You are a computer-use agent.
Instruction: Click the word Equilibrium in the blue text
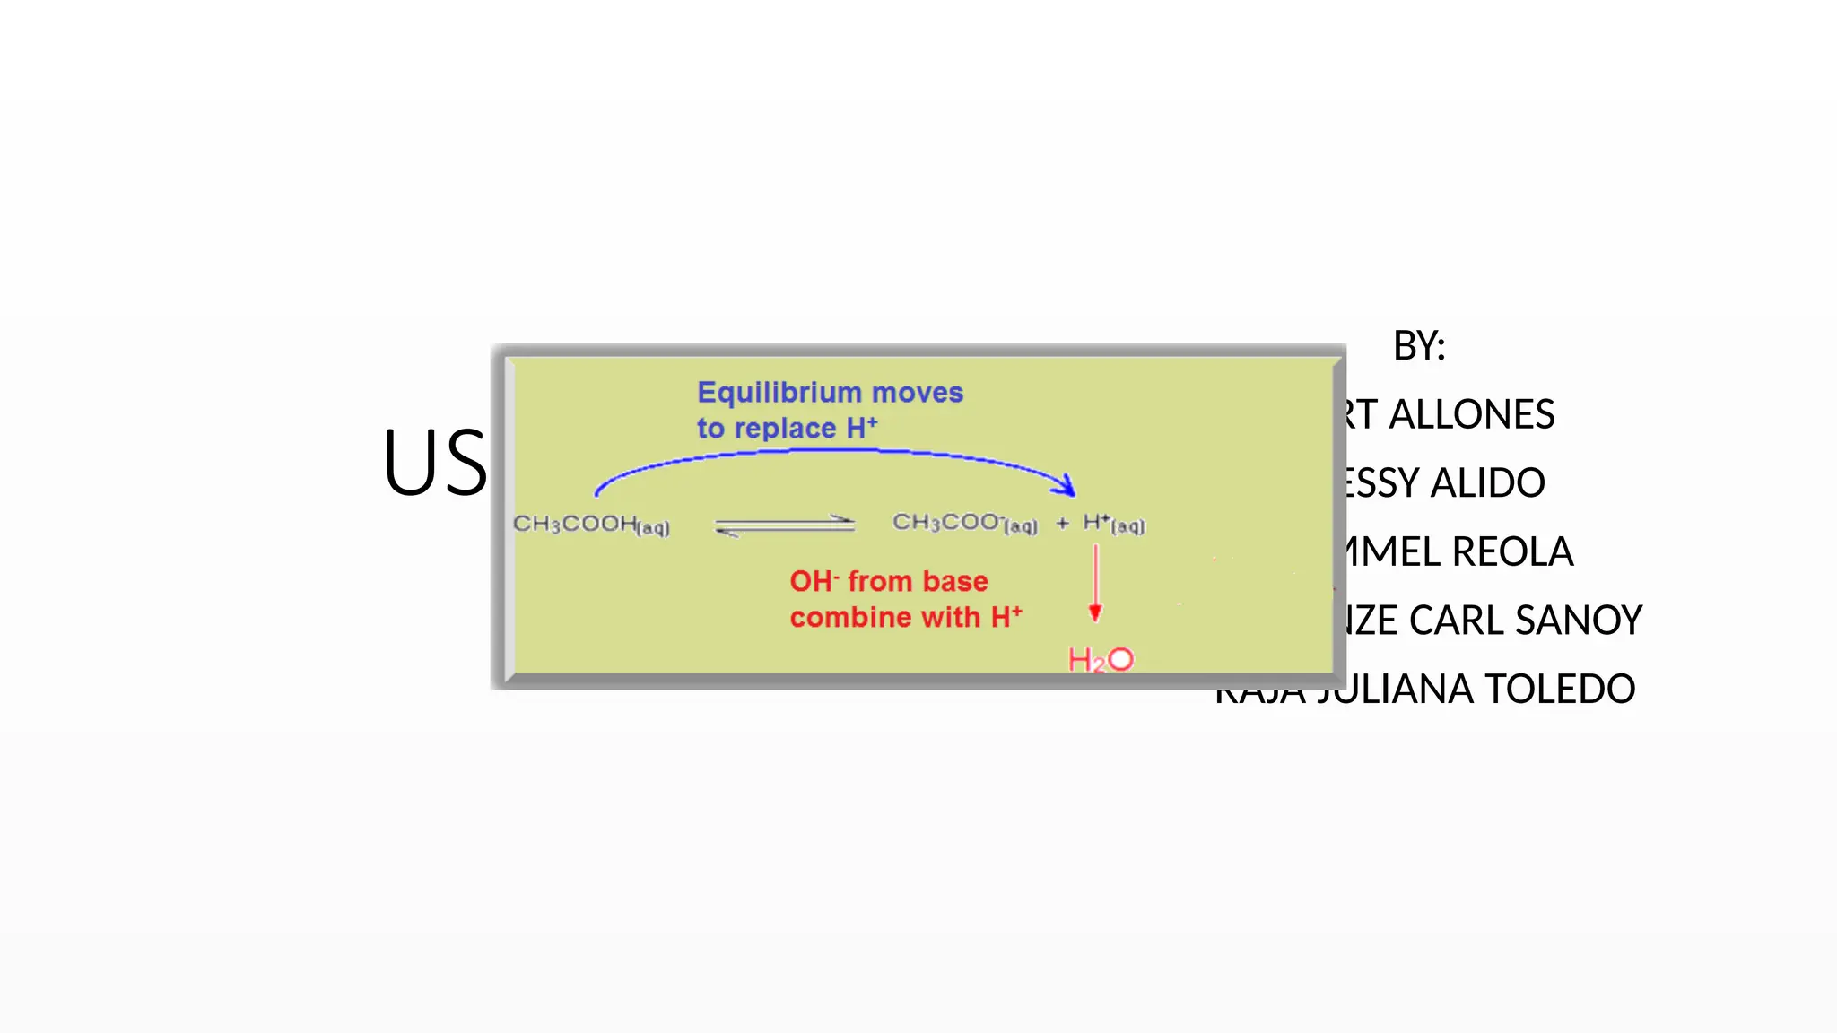[779, 393]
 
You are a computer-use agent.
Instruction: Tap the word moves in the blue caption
[918, 393]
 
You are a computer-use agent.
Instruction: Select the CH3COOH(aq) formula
[590, 525]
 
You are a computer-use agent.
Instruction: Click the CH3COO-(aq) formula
[964, 524]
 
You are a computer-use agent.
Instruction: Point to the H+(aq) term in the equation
[1113, 524]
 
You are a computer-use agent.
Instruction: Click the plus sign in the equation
[1062, 524]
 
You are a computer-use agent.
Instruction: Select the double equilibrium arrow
[785, 525]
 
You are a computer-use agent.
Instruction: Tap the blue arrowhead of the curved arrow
[1067, 485]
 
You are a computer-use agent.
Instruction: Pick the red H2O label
[1101, 660]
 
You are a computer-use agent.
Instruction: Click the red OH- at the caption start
[813, 581]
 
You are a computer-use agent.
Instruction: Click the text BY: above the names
[1419, 346]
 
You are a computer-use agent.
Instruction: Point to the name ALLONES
[1471, 414]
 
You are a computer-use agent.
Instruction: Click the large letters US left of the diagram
[435, 463]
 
